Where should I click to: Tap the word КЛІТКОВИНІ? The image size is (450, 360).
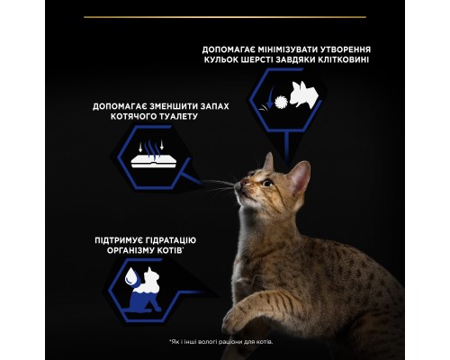click(337, 60)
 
